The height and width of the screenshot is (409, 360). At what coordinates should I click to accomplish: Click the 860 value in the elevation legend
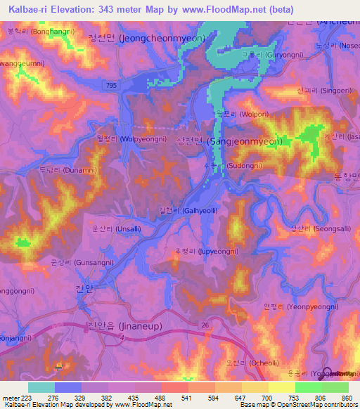347,398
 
